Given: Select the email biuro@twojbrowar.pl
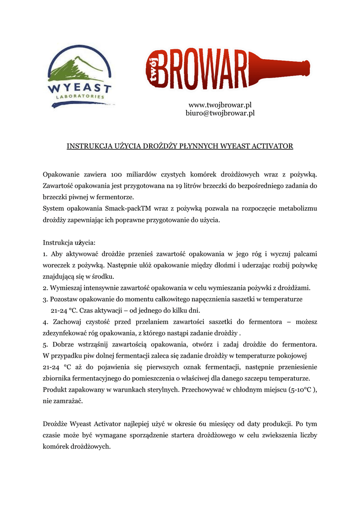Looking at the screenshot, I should pos(220,113).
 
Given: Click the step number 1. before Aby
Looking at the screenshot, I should pos(45,254).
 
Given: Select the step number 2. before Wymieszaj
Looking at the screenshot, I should pos(45,288).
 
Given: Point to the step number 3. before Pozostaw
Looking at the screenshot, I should pos(45,299).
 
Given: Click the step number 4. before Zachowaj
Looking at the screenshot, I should pos(45,322).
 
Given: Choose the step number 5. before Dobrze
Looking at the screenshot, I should pos(45,344).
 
